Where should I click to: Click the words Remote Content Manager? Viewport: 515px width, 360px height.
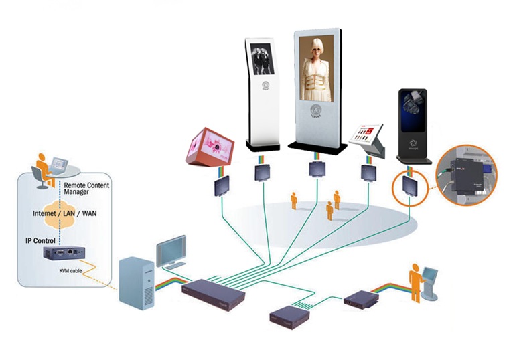(x=87, y=188)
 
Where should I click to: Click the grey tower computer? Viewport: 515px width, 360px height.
(x=137, y=284)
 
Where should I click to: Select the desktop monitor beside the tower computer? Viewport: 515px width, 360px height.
(x=171, y=252)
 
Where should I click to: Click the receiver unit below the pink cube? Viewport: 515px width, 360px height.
(x=222, y=187)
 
